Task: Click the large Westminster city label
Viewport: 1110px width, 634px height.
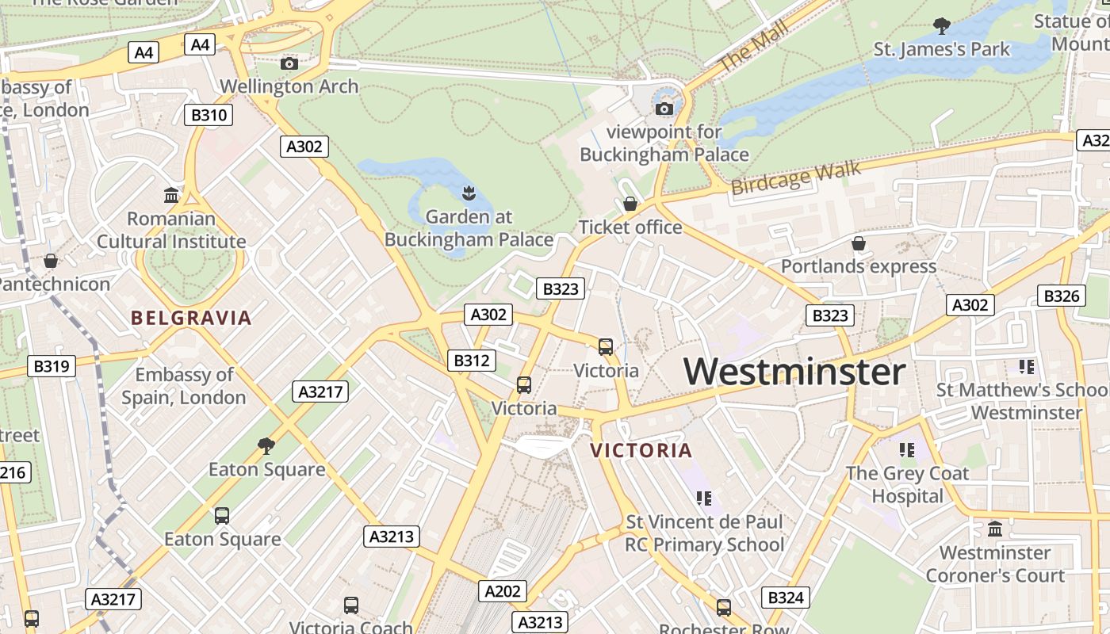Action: point(794,372)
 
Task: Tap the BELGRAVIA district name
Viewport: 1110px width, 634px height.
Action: point(191,319)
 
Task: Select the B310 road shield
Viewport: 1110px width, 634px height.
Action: point(209,115)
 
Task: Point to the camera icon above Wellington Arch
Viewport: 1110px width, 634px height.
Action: point(289,63)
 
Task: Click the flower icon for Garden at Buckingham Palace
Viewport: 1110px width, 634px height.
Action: point(469,193)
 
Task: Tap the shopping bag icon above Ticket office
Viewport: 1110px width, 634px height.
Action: point(630,204)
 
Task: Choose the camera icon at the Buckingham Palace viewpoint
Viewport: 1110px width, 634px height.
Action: point(664,109)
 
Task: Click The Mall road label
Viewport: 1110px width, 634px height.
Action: point(753,47)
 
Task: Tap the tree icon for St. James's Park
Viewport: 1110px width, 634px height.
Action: point(942,26)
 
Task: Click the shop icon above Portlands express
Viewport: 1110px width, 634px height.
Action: point(858,243)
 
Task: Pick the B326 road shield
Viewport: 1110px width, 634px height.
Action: point(1061,296)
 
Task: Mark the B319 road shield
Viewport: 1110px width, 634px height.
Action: point(52,366)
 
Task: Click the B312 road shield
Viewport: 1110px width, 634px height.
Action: point(471,361)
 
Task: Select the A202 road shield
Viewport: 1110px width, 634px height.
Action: point(502,590)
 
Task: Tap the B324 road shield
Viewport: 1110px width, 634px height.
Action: point(786,598)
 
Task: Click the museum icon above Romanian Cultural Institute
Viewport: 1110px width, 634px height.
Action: point(170,195)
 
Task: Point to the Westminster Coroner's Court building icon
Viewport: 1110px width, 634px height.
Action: point(995,529)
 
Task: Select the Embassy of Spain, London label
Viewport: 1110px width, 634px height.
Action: point(184,386)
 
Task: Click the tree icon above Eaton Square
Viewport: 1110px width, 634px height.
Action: point(266,446)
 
